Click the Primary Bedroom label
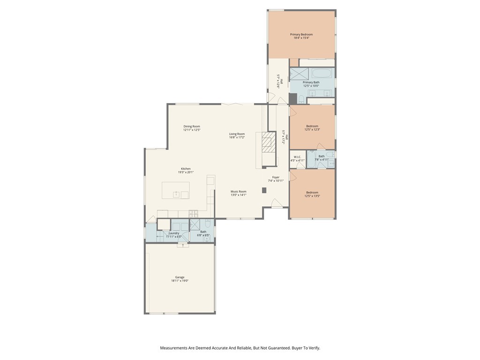301,35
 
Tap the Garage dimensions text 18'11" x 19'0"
180,281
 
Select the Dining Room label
192,127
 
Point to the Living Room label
237,134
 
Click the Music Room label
239,192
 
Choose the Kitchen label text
186,169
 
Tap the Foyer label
276,177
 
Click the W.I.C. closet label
297,157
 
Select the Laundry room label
174,233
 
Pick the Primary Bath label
311,82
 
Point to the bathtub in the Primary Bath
322,74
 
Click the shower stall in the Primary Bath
300,74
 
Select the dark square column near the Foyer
264,190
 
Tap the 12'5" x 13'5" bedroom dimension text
312,196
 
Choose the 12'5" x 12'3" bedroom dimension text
312,130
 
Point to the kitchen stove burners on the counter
193,213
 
